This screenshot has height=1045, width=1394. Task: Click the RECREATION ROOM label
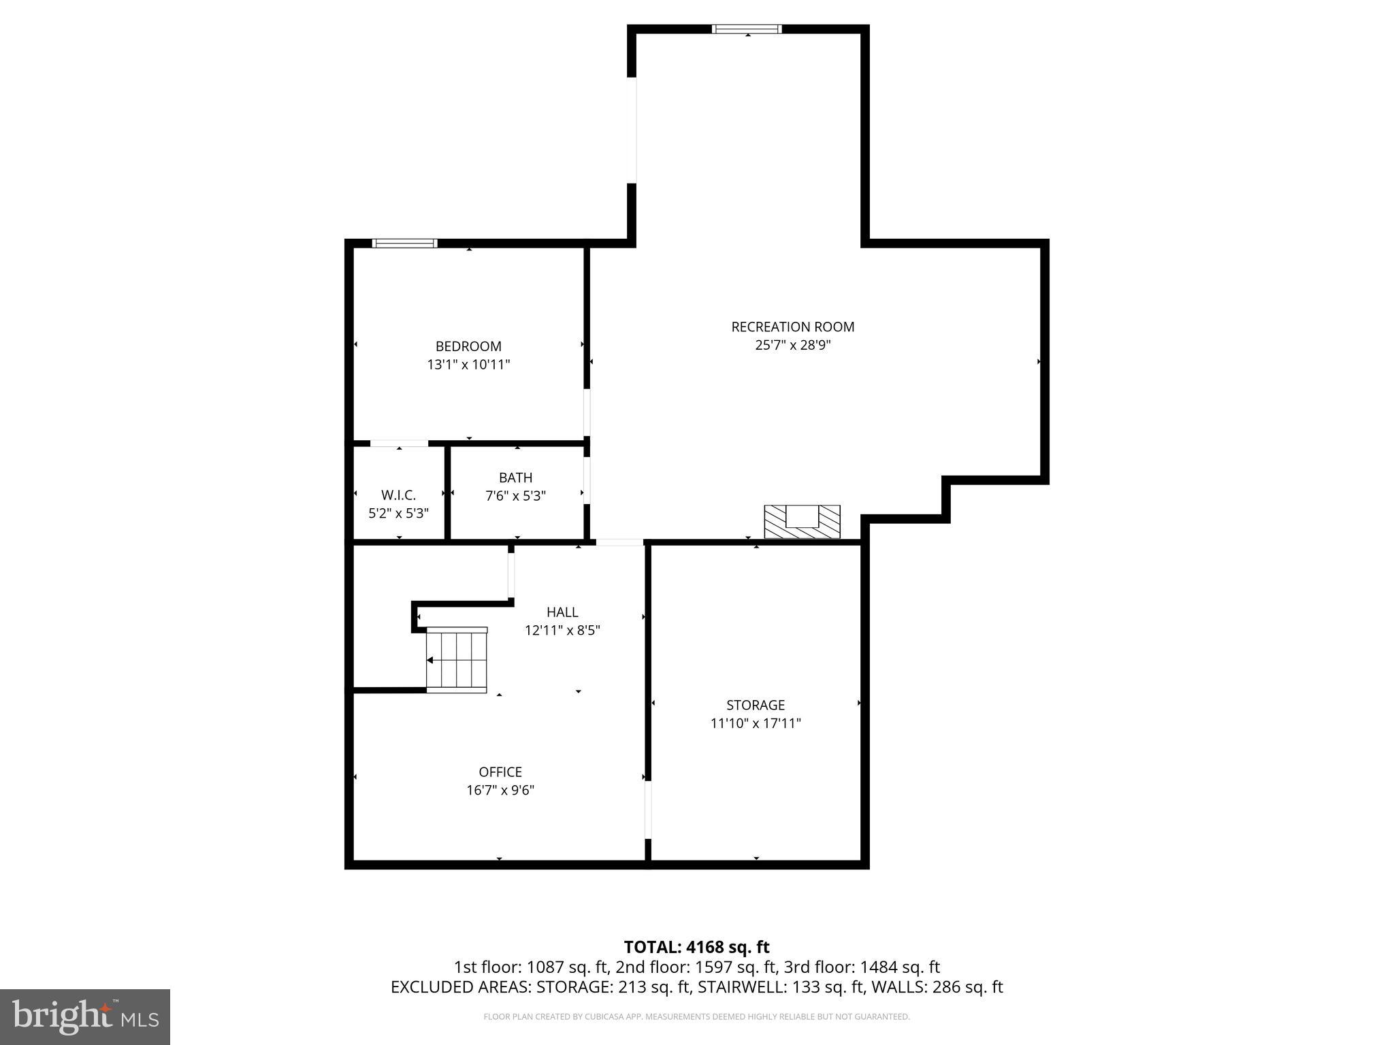(x=792, y=327)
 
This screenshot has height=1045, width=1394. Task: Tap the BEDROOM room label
(x=468, y=346)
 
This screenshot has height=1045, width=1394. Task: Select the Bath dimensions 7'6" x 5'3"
(x=515, y=496)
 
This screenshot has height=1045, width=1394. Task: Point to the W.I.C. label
(x=398, y=495)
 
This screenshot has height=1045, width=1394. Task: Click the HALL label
(x=562, y=612)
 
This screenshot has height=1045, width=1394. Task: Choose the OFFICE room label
(x=500, y=772)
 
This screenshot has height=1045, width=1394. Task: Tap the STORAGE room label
(x=756, y=705)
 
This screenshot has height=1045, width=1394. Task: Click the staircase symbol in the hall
(x=457, y=660)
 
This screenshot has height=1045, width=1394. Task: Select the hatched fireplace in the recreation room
(x=802, y=521)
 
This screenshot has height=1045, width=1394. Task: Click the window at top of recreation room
(x=747, y=29)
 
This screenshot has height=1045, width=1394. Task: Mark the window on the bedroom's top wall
(x=404, y=244)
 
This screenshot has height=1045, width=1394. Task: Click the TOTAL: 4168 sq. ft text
(x=696, y=947)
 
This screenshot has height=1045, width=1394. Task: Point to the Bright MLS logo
(x=85, y=1016)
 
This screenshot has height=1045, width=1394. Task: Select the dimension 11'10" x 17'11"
(x=756, y=723)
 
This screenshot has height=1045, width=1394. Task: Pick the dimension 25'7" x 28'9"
(x=793, y=345)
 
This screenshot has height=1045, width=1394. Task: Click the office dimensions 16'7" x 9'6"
(x=500, y=790)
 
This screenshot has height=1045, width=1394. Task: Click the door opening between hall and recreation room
(x=619, y=542)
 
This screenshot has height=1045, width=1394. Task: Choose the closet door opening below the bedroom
(x=399, y=444)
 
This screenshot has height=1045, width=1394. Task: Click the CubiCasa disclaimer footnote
(x=696, y=1016)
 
